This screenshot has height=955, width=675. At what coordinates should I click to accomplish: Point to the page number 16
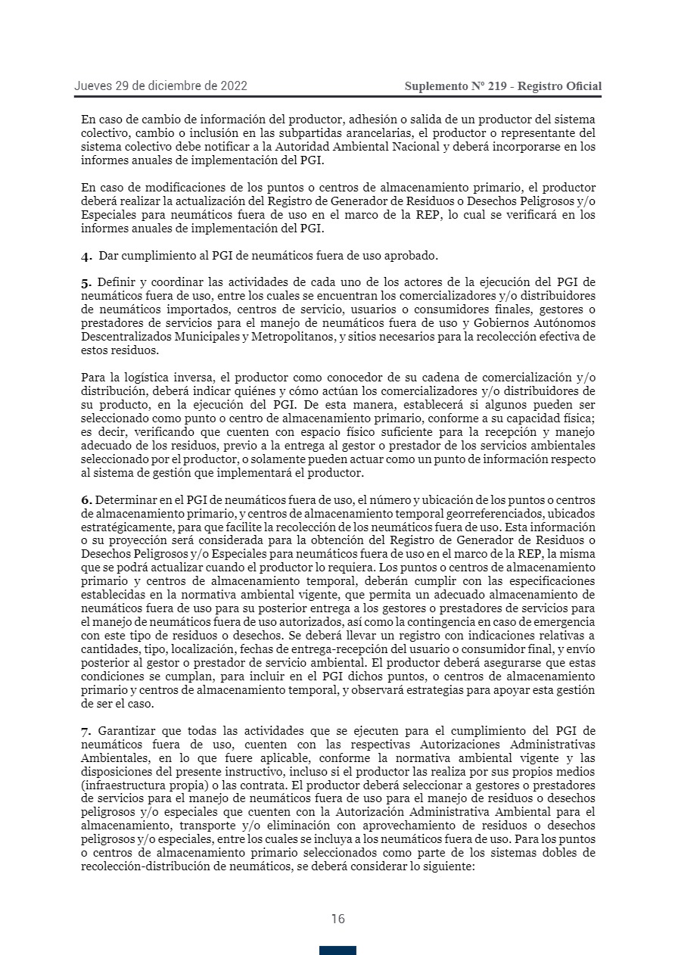coord(337,919)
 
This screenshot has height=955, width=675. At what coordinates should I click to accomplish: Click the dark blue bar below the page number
coord(337,950)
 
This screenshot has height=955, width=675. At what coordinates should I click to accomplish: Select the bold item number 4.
coord(86,256)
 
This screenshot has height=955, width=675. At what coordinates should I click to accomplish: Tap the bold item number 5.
coord(86,282)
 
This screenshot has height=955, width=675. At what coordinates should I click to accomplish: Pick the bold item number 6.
coord(86,500)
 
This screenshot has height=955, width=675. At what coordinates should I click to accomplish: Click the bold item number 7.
coord(86,730)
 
